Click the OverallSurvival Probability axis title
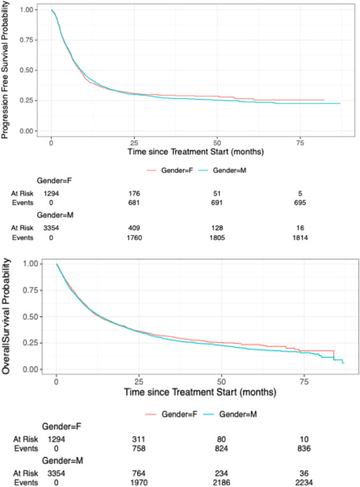6,316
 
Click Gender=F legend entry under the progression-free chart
168,170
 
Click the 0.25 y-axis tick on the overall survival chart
30,343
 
